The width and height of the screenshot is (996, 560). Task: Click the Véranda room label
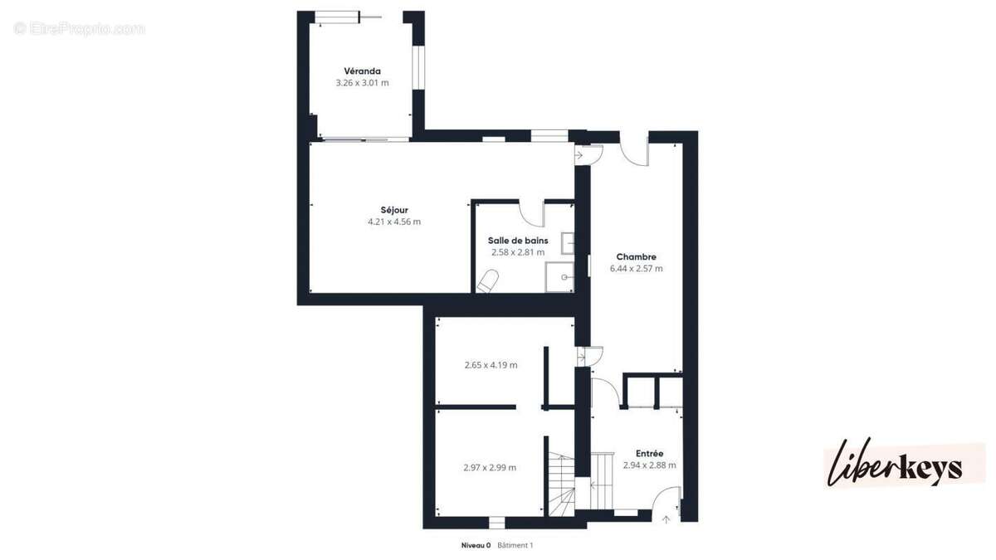[x=362, y=71]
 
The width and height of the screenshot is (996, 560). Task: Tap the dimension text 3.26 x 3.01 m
[x=362, y=83]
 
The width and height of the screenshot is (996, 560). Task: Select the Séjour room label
[x=394, y=210]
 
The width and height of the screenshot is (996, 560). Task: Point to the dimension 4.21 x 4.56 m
[x=394, y=222]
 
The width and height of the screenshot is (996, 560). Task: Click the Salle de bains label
[x=517, y=241]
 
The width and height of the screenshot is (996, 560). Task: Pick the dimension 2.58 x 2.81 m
[x=517, y=252]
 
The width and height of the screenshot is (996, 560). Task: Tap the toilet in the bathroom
[x=488, y=281]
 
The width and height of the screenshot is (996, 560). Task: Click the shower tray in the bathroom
[x=559, y=276]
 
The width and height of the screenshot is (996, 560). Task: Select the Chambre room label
[x=636, y=257]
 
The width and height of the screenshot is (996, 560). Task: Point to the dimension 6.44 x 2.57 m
[x=636, y=269]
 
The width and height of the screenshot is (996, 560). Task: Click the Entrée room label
[x=649, y=454]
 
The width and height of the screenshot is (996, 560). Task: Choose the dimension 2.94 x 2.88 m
[x=649, y=465]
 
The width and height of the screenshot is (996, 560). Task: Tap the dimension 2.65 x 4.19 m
[x=491, y=365]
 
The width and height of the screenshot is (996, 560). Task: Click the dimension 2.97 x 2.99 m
[x=490, y=468]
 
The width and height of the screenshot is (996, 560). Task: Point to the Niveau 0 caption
[x=476, y=545]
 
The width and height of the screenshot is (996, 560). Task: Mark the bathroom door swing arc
[x=532, y=213]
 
